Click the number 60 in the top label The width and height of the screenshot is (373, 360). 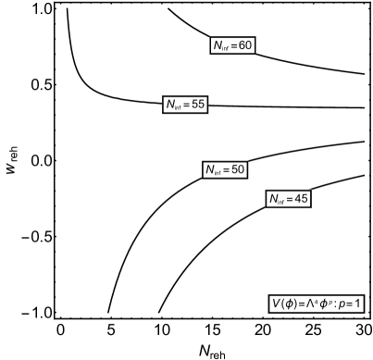click(x=245, y=45)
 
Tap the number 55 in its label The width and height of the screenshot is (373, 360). click(x=197, y=105)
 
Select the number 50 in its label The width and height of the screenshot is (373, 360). click(x=238, y=169)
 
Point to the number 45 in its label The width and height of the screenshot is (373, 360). click(x=302, y=199)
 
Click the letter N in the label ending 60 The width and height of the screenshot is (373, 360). click(x=218, y=45)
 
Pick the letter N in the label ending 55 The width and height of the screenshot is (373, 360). click(x=170, y=105)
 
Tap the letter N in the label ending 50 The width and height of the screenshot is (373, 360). click(x=210, y=169)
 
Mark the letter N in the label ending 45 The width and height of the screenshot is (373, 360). click(x=274, y=199)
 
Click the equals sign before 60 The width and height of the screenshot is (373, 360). click(x=234, y=45)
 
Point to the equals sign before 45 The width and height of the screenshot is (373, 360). click(x=291, y=199)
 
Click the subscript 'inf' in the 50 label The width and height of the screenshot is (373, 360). click(x=218, y=172)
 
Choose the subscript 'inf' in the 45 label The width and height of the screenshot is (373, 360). click(x=282, y=202)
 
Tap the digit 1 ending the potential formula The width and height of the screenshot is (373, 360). click(x=358, y=304)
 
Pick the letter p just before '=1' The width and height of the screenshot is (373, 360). click(x=342, y=304)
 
